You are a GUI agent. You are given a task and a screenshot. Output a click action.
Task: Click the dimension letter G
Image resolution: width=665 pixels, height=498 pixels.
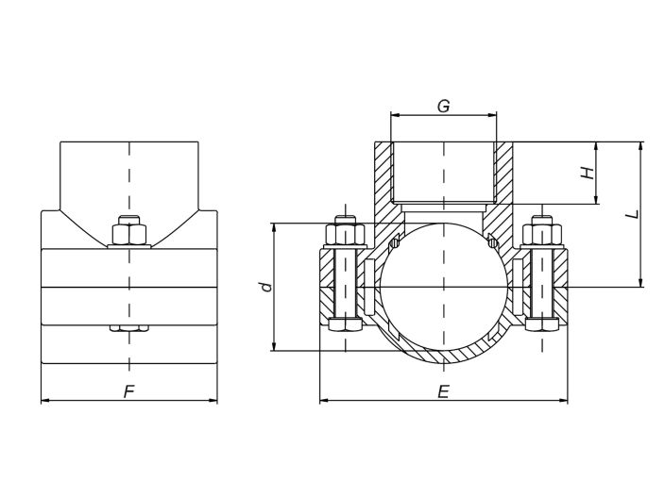click(x=443, y=106)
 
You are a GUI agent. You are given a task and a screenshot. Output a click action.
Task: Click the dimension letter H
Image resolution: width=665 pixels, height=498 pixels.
click(x=588, y=173)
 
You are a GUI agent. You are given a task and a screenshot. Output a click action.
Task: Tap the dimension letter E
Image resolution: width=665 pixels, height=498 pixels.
click(x=443, y=391)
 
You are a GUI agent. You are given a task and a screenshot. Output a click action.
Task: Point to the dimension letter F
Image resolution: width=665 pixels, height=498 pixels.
click(x=128, y=391)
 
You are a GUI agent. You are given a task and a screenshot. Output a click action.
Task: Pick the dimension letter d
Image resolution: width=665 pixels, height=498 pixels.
click(x=266, y=287)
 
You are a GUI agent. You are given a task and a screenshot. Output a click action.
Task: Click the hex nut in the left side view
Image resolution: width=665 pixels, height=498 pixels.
click(x=129, y=234)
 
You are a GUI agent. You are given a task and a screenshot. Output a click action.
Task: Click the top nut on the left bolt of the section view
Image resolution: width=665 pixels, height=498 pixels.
click(x=345, y=234)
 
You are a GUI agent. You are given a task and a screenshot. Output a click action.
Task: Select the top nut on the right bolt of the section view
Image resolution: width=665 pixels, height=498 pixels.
click(x=542, y=234)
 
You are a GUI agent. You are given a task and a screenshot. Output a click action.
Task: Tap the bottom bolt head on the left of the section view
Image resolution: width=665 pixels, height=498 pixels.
click(x=345, y=324)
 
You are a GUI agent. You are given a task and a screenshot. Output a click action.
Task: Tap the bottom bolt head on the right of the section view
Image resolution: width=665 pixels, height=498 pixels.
click(x=542, y=324)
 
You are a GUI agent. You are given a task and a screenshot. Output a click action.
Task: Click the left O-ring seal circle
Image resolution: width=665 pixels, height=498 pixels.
click(x=394, y=242)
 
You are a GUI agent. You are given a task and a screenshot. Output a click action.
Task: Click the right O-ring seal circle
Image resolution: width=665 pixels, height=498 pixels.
click(x=492, y=242)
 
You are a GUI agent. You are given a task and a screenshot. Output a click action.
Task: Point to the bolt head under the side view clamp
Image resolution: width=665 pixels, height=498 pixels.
click(x=129, y=328)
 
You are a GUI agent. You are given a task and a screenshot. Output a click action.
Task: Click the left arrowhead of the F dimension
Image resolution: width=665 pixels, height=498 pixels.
click(x=45, y=400)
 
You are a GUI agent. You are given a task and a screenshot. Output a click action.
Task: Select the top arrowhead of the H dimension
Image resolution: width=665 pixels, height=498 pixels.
click(x=597, y=146)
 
